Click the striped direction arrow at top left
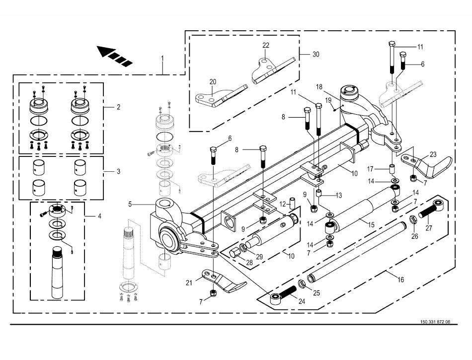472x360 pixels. (x=115, y=56)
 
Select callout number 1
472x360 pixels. (x=162, y=58)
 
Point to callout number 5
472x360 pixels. (x=130, y=204)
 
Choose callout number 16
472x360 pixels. (x=400, y=280)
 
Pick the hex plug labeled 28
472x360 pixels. (x=234, y=253)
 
